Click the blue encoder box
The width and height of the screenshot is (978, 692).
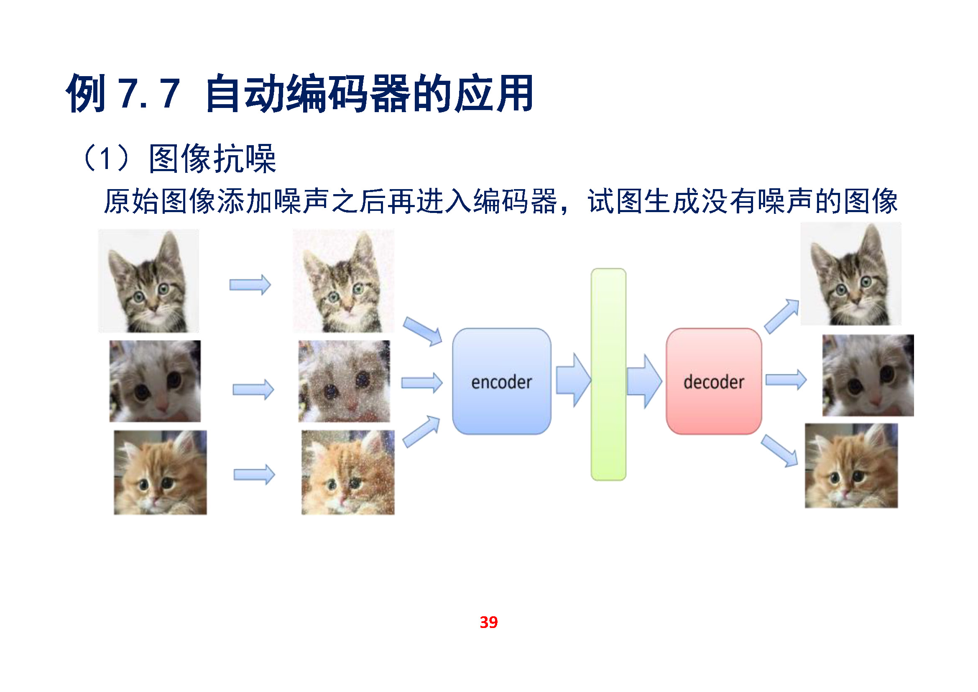(x=501, y=382)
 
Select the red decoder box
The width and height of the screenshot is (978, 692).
(x=714, y=382)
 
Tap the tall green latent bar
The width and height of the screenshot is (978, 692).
(x=608, y=374)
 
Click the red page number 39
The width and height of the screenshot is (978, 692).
(x=488, y=623)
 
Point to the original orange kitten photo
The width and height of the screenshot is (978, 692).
(x=160, y=472)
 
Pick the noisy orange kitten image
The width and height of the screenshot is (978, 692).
(x=348, y=472)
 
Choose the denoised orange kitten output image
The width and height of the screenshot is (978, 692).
(x=851, y=466)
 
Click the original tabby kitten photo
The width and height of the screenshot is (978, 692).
(x=149, y=281)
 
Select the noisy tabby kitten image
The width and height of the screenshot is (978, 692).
(x=343, y=281)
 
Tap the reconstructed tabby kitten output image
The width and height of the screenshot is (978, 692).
(x=851, y=274)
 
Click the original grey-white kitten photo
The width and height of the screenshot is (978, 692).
(x=155, y=381)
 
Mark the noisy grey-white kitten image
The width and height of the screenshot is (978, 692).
(x=344, y=381)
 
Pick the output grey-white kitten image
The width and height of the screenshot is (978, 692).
(x=868, y=375)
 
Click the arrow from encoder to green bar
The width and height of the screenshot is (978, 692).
(x=573, y=379)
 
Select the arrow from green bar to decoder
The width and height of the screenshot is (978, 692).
(x=644, y=381)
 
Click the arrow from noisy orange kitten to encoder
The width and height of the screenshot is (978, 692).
(x=421, y=431)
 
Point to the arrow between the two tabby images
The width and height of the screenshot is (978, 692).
(x=250, y=284)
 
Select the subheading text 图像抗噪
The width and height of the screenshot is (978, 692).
(x=212, y=159)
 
